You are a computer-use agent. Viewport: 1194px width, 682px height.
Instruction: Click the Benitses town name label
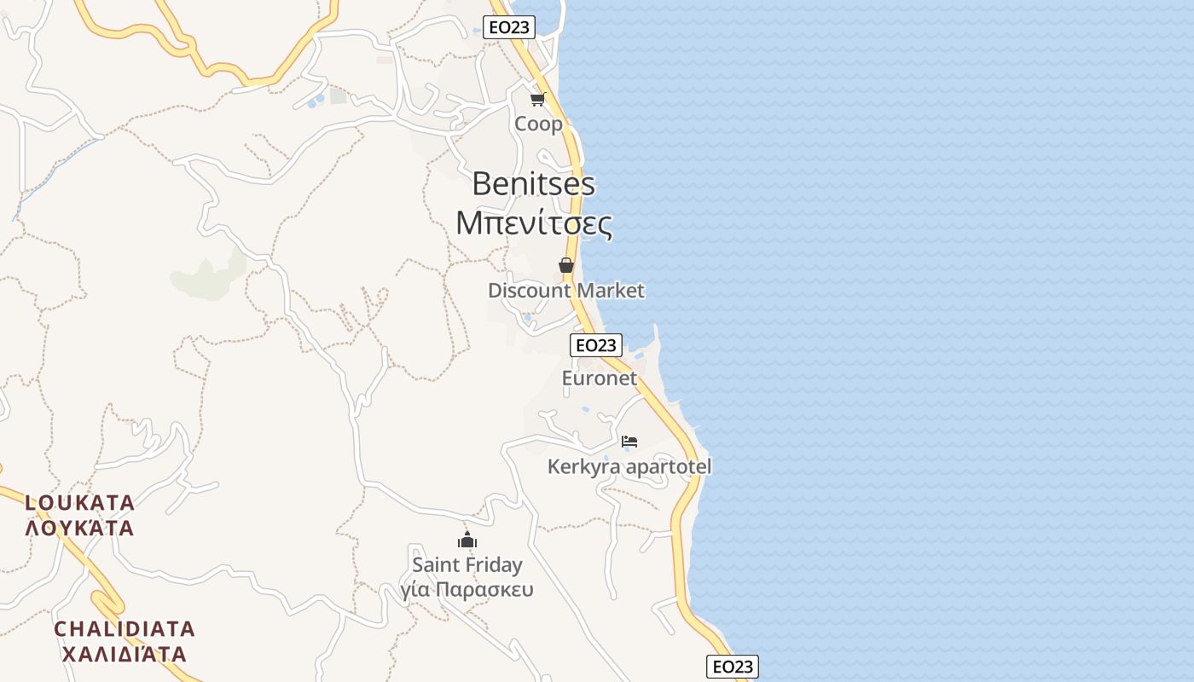coord(533,183)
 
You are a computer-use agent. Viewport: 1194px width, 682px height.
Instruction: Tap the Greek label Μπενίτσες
coord(534,223)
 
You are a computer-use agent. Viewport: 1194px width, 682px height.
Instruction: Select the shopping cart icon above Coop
coord(537,100)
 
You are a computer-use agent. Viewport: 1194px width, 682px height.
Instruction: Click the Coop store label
coord(538,124)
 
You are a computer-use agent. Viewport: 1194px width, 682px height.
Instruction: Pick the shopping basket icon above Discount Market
coord(566,265)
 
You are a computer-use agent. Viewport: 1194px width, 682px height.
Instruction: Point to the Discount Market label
coord(565,291)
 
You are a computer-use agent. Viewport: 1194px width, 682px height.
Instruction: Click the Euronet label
coord(599,378)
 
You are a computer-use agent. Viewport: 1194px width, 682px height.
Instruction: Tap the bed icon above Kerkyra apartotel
coord(629,441)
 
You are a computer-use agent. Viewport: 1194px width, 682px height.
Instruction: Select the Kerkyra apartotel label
coord(629,467)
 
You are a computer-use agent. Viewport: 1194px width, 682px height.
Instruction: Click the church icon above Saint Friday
coord(467,540)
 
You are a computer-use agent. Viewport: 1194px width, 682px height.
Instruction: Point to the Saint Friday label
coord(467,564)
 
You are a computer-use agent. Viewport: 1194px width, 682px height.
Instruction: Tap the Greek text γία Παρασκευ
coord(467,590)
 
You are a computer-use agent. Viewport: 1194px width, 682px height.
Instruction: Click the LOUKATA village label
coord(80,502)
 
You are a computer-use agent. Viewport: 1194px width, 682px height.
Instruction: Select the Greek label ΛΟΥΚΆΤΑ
coord(80,528)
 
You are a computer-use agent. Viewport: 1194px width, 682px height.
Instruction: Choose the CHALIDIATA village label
coord(125,629)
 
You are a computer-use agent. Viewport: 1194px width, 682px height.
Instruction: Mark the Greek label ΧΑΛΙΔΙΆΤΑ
coord(125,655)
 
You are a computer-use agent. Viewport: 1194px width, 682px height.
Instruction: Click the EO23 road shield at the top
coord(509,27)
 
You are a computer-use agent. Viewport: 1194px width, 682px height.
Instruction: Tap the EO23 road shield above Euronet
coord(595,345)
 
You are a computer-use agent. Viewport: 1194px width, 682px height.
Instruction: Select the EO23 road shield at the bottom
coord(732,667)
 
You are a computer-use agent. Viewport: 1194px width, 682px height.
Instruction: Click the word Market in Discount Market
coord(610,291)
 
